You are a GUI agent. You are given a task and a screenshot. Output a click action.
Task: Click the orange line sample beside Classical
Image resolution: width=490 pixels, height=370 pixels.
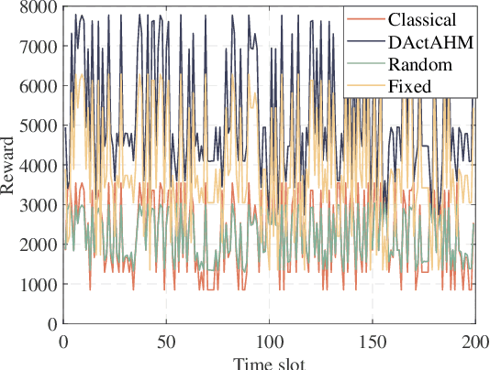[x=364, y=18]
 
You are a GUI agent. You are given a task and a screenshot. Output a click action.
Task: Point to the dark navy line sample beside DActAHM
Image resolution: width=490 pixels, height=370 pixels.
[x=364, y=41]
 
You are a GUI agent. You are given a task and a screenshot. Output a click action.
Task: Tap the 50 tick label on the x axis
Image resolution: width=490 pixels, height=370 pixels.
[x=166, y=341]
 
